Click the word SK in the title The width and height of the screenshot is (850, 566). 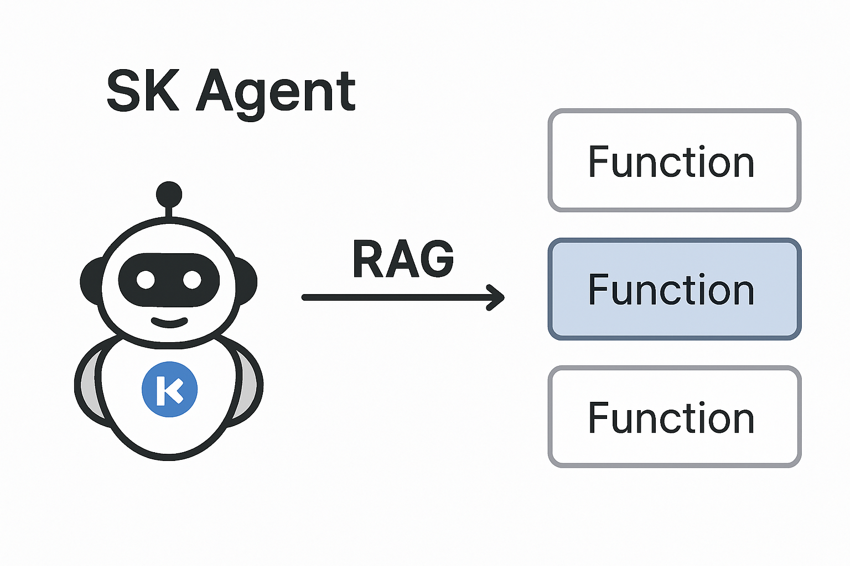[143, 91]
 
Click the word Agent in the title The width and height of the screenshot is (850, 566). [276, 93]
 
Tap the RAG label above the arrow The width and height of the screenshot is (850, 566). [403, 259]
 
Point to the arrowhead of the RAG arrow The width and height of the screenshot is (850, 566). [497, 297]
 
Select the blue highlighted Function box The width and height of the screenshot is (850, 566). [674, 289]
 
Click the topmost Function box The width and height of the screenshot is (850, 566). [674, 161]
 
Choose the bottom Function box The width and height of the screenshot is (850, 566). [674, 417]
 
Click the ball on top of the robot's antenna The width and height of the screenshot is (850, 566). [169, 194]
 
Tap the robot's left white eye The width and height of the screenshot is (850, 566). [146, 280]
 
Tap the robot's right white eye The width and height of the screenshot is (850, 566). [192, 280]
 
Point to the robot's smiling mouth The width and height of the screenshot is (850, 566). [169, 322]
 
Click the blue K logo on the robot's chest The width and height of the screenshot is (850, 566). [169, 389]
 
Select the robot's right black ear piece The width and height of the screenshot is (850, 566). [247, 281]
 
